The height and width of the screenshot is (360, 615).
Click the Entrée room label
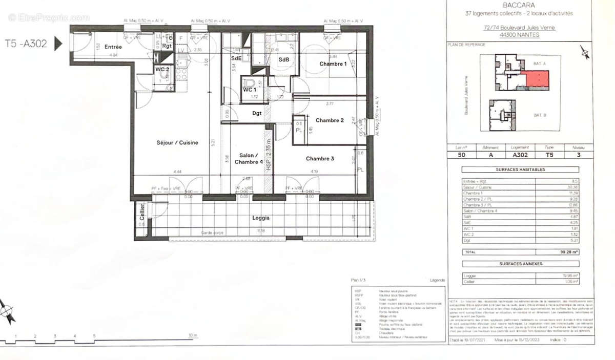[113, 47]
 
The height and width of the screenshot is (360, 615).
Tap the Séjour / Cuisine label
[177, 142]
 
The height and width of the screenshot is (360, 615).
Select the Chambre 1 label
[333, 63]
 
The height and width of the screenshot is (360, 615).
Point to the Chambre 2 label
[330, 120]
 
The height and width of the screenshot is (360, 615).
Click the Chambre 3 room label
[320, 159]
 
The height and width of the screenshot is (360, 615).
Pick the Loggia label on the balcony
[260, 218]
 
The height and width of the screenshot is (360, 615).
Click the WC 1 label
[250, 90]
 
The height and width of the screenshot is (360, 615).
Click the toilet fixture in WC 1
[250, 83]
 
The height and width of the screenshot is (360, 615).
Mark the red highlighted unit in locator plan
[535, 79]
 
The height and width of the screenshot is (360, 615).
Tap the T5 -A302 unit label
[26, 44]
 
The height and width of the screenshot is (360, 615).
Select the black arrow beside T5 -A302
[58, 44]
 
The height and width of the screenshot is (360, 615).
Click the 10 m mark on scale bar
[193, 335]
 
